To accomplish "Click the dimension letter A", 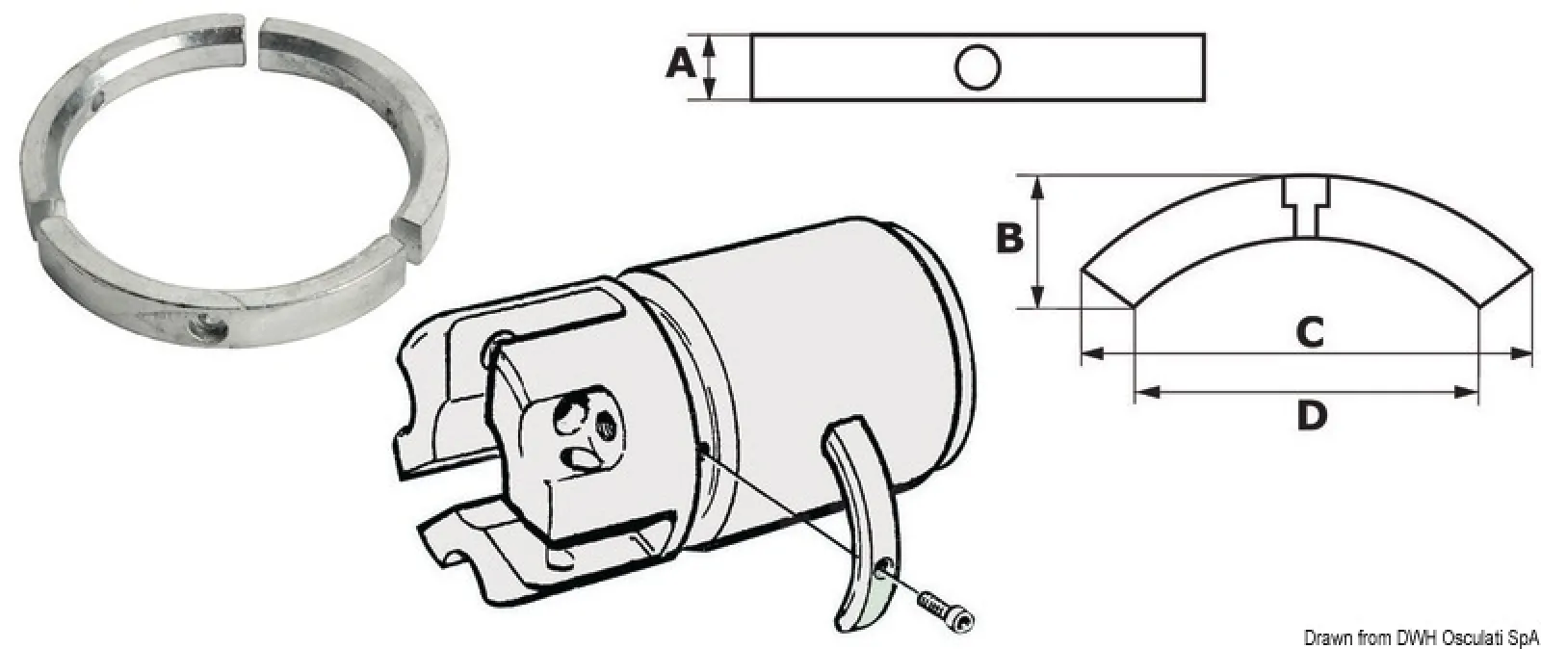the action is tap(681, 65).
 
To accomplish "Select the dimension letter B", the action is tap(1009, 239).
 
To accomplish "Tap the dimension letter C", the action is tap(1310, 331).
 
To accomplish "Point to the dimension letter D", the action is tap(1312, 415).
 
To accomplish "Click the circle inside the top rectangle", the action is tap(978, 67).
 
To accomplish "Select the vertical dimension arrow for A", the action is tap(712, 66).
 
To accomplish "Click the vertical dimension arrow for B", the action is tap(1039, 242).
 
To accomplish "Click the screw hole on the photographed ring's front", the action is tap(208, 327).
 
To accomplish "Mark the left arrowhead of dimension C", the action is tap(1092, 353).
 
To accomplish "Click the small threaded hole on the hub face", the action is tap(606, 429).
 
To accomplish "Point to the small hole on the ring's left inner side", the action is tap(100, 100).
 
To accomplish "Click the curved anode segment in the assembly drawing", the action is tap(863, 523).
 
